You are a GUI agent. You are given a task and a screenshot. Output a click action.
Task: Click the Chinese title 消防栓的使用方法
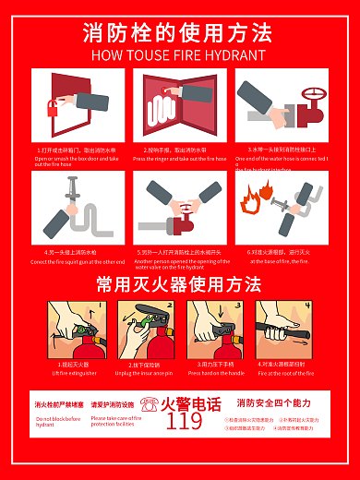pos(178,33)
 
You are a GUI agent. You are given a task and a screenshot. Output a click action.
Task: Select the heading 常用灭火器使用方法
pos(179,283)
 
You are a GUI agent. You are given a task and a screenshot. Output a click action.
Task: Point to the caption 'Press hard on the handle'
pos(216,373)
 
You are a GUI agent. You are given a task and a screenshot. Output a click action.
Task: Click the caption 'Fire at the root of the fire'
pos(285,373)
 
